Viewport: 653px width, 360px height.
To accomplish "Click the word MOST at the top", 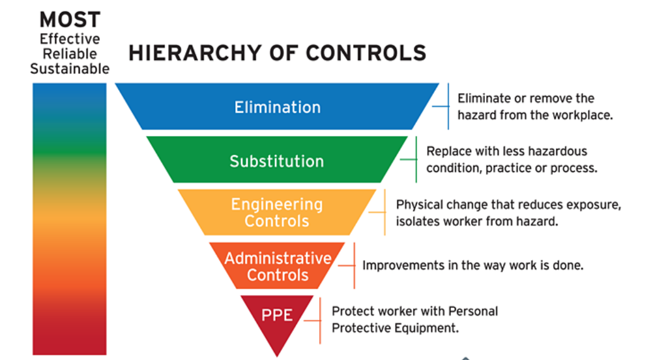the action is pyautogui.click(x=70, y=19).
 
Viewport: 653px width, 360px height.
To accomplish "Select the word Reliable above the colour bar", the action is pyautogui.click(x=70, y=54).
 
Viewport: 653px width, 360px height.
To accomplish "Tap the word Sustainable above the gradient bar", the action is pyautogui.click(x=70, y=69).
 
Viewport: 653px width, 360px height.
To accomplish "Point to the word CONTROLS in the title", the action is pyautogui.click(x=366, y=53).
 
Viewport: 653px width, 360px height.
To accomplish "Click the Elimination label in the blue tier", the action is pyautogui.click(x=278, y=108).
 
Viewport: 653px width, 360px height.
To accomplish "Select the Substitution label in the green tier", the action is pyautogui.click(x=276, y=162).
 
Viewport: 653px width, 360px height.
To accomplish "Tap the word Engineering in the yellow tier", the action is pyautogui.click(x=276, y=205).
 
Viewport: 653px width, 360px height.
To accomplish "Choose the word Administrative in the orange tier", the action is pyautogui.click(x=278, y=258).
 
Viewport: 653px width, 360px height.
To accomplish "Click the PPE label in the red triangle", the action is pyautogui.click(x=277, y=315).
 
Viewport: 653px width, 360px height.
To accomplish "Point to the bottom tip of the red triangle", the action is pyautogui.click(x=277, y=356).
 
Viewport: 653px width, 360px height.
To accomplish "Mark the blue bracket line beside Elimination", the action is pyautogui.click(x=448, y=106).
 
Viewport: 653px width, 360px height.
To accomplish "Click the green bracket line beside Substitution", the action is pyautogui.click(x=416, y=159).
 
